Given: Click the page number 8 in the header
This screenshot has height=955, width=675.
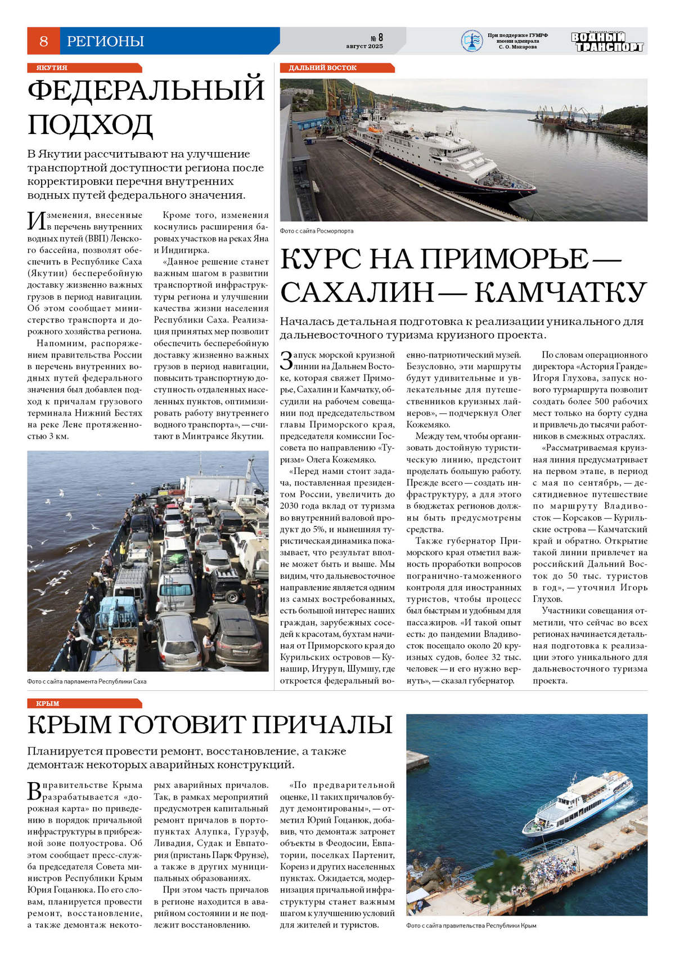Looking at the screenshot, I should coord(44,41).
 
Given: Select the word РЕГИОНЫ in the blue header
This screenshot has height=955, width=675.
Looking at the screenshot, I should coord(105,41).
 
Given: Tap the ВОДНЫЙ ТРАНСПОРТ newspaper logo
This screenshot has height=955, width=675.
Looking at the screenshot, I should coord(607,42).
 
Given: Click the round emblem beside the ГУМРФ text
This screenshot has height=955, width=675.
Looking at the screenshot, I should coord(471,41).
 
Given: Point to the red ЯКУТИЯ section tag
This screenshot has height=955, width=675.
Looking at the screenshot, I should coord(52,68).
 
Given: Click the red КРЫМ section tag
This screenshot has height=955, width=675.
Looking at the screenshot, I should coord(48,703).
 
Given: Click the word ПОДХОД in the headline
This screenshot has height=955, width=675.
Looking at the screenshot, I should coord(91,125).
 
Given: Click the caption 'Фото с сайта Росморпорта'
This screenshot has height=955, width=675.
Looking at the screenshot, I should coord(317,231).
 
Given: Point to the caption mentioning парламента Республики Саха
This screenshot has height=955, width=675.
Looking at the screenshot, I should coord(87,681).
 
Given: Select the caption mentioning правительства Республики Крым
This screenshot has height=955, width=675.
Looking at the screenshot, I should coord(471,926).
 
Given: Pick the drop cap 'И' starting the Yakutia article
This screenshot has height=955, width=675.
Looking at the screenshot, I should coord(37,220).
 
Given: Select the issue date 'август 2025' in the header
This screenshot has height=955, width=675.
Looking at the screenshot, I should coord(364,46).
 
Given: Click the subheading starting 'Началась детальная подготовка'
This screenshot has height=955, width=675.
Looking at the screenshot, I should coord(461,328).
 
